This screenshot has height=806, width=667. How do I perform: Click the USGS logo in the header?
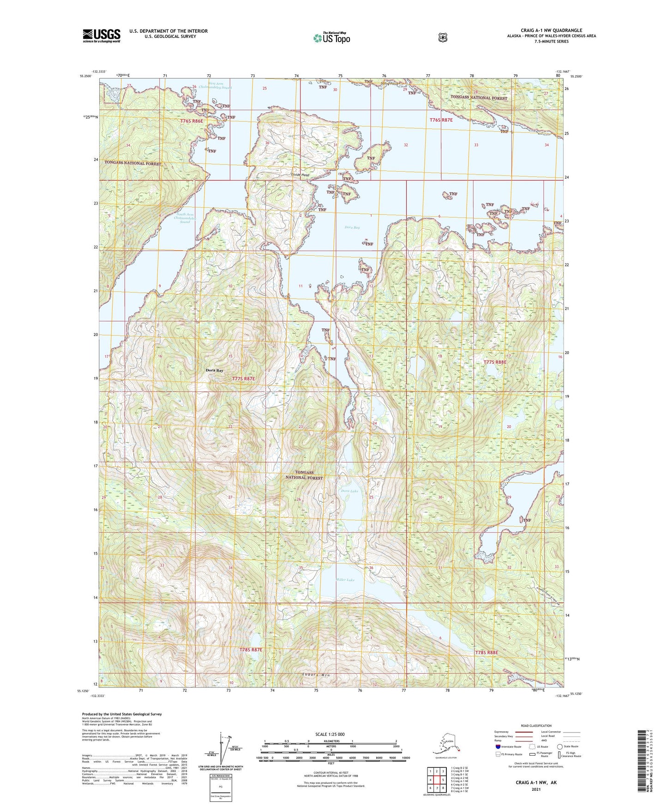[x=101, y=36]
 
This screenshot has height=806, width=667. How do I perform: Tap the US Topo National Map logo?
[x=331, y=38]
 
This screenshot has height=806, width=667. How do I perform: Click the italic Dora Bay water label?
[x=352, y=227]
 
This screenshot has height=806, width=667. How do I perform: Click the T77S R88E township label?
[x=495, y=362]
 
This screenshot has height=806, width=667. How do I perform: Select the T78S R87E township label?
[x=251, y=650]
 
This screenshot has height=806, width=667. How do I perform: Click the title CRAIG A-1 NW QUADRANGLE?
[x=551, y=30]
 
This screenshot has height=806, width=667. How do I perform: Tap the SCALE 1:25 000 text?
[x=330, y=734]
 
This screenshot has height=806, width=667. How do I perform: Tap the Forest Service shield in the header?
[x=442, y=37]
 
